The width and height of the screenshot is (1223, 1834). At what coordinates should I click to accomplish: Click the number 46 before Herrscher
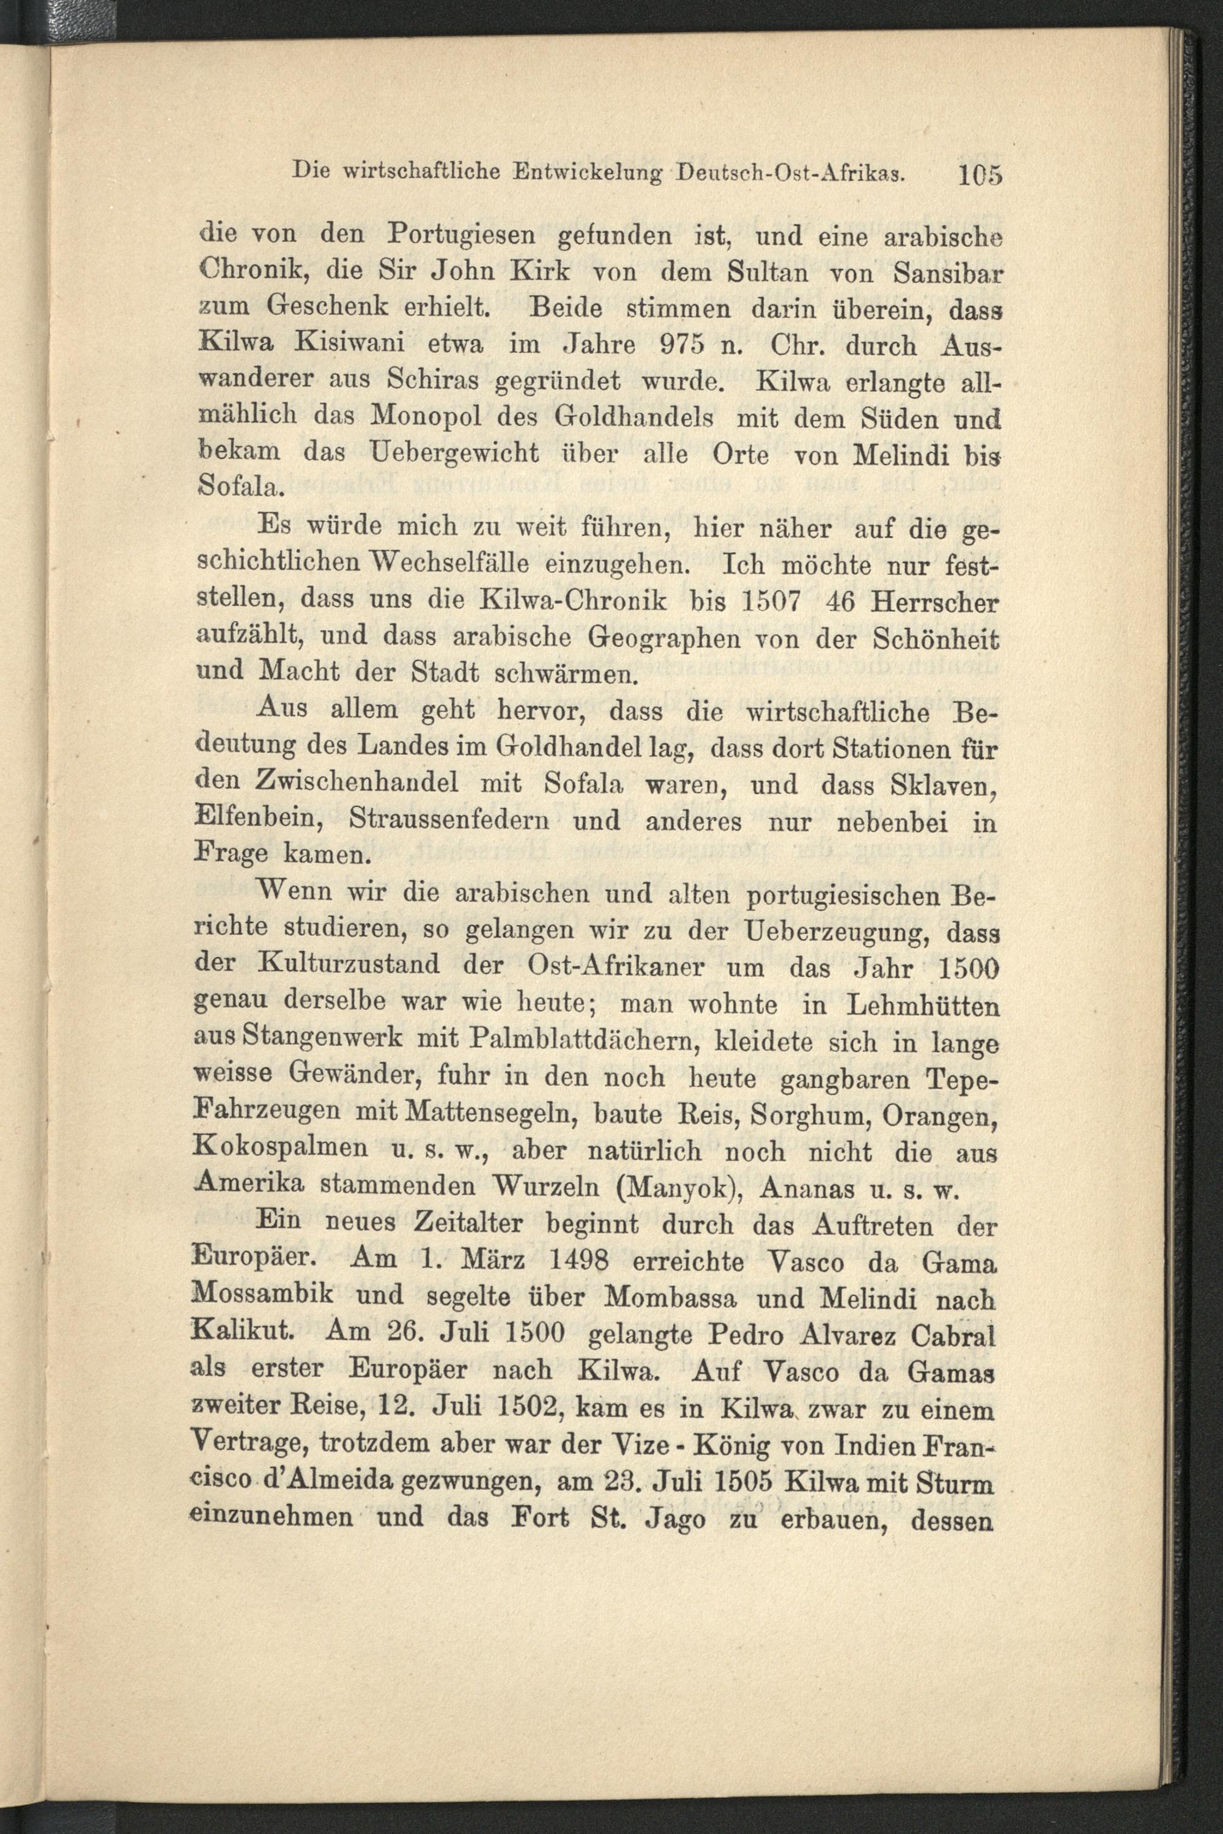[832, 603]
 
